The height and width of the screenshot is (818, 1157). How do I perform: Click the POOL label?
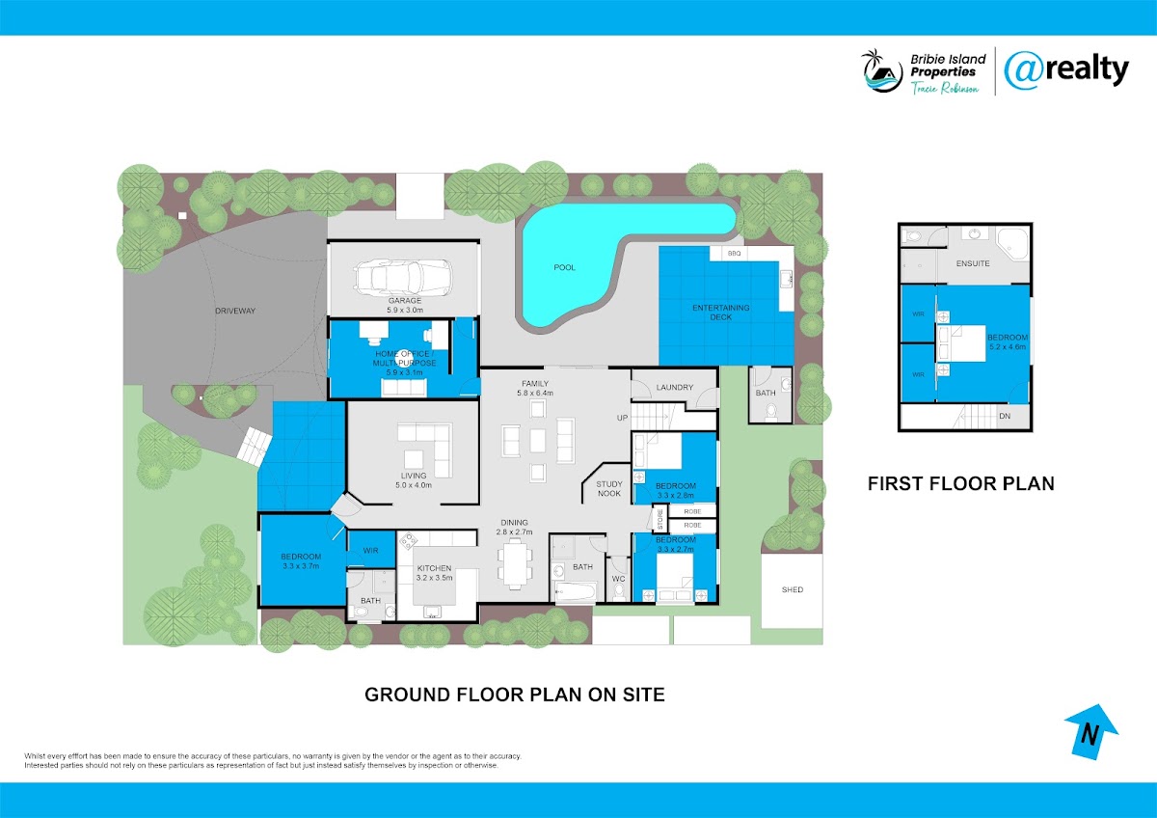[564, 267]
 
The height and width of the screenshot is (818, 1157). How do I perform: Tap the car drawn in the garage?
[403, 277]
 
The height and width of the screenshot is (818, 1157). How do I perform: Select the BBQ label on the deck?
[734, 253]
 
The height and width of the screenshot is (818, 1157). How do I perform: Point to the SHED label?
[793, 589]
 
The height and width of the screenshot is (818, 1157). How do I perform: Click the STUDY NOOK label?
[609, 489]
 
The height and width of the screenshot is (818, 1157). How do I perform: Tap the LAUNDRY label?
[675, 387]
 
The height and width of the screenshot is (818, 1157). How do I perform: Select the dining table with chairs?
[515, 563]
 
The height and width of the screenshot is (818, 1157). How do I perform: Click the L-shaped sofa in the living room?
[425, 450]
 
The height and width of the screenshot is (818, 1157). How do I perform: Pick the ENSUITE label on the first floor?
[973, 263]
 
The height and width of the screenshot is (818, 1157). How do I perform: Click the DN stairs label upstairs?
[1005, 416]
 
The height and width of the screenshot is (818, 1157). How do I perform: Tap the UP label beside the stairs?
[622, 418]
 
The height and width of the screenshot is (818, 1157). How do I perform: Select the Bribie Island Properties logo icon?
[882, 71]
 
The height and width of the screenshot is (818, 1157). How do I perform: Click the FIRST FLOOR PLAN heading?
[960, 483]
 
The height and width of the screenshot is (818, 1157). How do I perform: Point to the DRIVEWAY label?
[235, 311]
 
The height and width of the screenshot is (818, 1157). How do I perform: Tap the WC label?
[619, 579]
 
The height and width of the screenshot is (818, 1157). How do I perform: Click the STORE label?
[660, 520]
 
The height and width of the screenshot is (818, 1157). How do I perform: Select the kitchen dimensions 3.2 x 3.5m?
[435, 578]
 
